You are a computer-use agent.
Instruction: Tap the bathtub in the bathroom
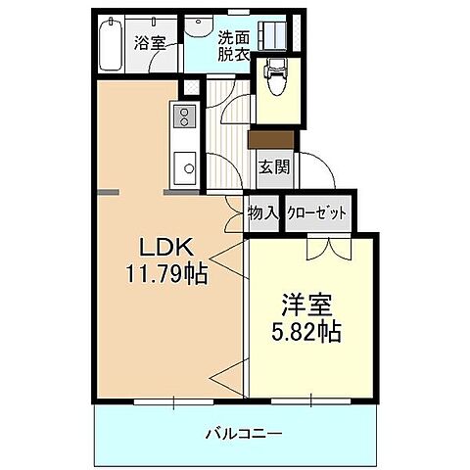tap(111, 42)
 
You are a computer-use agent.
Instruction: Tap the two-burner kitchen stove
tap(183, 117)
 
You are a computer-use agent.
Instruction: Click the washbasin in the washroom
tap(201, 26)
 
